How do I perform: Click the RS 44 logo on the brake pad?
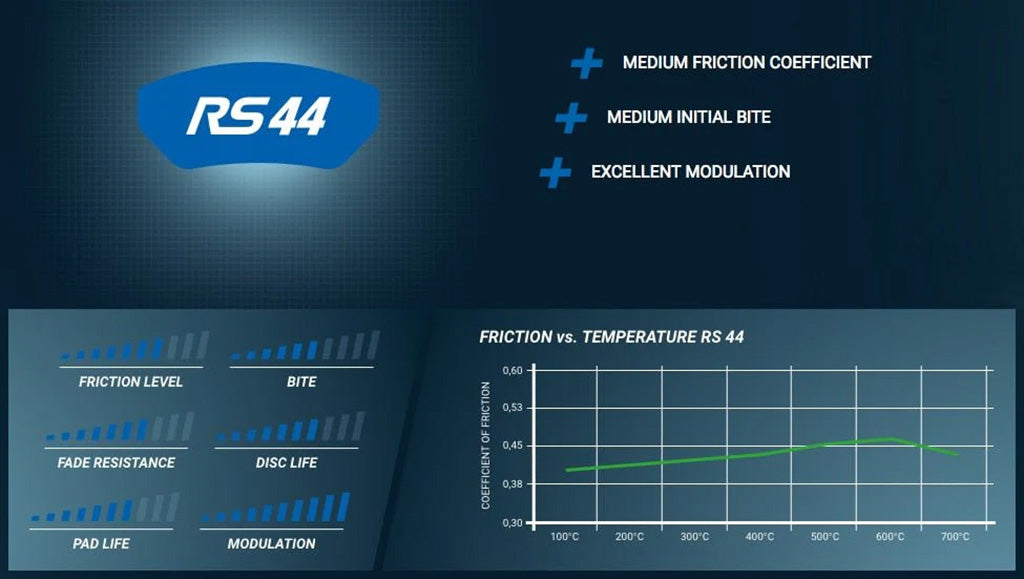tap(258, 116)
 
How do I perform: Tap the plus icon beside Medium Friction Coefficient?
tap(586, 63)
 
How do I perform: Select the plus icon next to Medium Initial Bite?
tap(571, 117)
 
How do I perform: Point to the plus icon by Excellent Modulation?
tap(555, 172)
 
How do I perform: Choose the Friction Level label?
tap(131, 382)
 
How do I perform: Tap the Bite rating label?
tap(301, 382)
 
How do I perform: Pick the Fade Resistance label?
tap(116, 463)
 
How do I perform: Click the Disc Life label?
tap(287, 463)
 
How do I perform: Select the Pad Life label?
tap(101, 544)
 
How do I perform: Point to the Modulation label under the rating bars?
tap(271, 544)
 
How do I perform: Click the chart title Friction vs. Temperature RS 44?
tap(611, 337)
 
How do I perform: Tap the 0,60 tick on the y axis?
tap(513, 370)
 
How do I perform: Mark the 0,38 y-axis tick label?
tap(513, 484)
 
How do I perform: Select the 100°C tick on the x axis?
tap(564, 537)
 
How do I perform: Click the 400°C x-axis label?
tap(760, 537)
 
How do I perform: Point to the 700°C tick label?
tap(955, 537)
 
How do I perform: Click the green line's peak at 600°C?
tap(891, 438)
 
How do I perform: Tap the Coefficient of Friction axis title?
tap(485, 445)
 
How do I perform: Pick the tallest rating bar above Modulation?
tap(343, 507)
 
